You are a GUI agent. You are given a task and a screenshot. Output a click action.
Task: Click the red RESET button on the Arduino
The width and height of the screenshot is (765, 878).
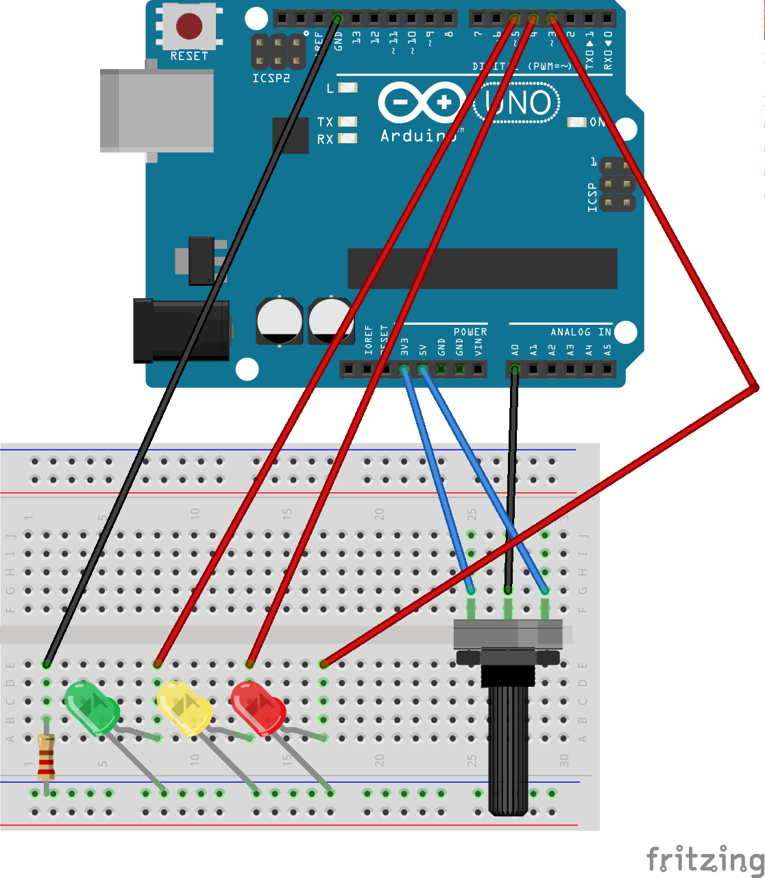[189, 26]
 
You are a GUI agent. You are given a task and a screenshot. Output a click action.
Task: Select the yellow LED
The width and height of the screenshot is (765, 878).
[184, 708]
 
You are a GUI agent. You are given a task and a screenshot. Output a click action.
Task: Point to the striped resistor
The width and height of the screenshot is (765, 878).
[46, 757]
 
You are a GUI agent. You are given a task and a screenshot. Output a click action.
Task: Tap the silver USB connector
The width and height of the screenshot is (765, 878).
[156, 110]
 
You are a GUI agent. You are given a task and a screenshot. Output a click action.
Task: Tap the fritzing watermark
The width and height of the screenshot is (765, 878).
[705, 859]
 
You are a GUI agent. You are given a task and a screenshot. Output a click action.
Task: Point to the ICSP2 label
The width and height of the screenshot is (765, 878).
[271, 78]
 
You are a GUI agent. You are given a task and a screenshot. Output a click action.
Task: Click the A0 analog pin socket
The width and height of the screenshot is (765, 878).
[515, 370]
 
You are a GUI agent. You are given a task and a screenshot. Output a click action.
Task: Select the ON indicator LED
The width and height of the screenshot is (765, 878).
[577, 122]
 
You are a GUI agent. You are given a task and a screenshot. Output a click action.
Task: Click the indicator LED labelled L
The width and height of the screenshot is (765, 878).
[348, 88]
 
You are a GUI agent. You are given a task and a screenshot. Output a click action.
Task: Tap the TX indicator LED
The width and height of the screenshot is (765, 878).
[348, 122]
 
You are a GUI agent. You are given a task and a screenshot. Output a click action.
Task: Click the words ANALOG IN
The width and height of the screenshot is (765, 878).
[581, 332]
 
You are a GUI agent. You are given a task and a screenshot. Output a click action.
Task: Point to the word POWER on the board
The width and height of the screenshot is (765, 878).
[470, 332]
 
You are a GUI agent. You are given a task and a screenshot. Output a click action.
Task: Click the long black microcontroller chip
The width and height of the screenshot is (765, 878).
[482, 269]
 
